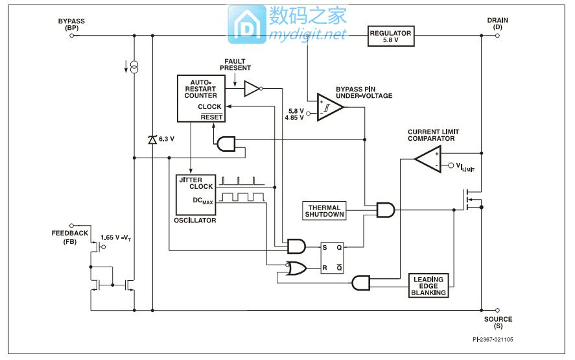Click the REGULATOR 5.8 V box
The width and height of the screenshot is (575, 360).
390,36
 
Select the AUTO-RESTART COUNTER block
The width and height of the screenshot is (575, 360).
200,98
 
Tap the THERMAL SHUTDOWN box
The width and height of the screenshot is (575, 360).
325,211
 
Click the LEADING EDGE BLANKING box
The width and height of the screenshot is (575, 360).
428,285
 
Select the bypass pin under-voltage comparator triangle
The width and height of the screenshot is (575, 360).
329,108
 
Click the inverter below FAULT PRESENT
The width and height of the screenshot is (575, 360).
252,89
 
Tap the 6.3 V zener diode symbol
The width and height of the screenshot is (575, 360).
152,139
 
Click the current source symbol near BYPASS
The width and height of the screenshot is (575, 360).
134,67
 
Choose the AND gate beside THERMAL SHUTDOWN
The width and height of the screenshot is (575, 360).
385,210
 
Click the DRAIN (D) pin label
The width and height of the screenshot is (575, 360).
497,24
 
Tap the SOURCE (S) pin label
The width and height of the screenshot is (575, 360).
498,322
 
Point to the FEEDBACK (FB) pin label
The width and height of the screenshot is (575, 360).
70,237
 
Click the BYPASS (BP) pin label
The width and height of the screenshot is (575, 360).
71,25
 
